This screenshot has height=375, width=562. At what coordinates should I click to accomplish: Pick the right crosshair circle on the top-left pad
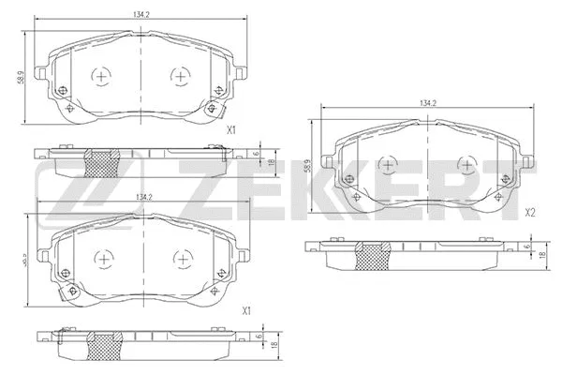pos(178,76)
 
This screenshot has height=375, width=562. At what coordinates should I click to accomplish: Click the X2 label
pos(529,213)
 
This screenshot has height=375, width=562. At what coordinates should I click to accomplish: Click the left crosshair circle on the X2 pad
pos(385,164)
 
